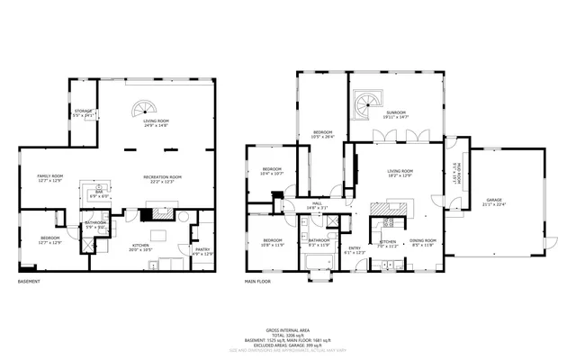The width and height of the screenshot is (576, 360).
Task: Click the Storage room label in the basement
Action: pos(83,112)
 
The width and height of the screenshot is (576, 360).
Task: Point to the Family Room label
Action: pos(49,178)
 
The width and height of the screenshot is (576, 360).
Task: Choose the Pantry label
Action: pos(204,252)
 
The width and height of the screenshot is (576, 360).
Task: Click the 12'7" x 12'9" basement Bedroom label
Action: pos(49,239)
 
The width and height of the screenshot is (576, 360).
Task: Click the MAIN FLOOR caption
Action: pos(257,282)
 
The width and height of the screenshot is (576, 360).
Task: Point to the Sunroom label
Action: pos(396,114)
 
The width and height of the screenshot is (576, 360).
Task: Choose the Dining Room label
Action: pos(423,243)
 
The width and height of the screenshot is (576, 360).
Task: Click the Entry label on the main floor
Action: pos(355,250)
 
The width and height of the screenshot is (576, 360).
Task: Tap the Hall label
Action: pos(317,206)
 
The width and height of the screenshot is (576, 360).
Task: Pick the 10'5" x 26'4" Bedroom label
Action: pos(323,135)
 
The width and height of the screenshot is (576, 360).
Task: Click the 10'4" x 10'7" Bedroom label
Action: pos(272,171)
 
